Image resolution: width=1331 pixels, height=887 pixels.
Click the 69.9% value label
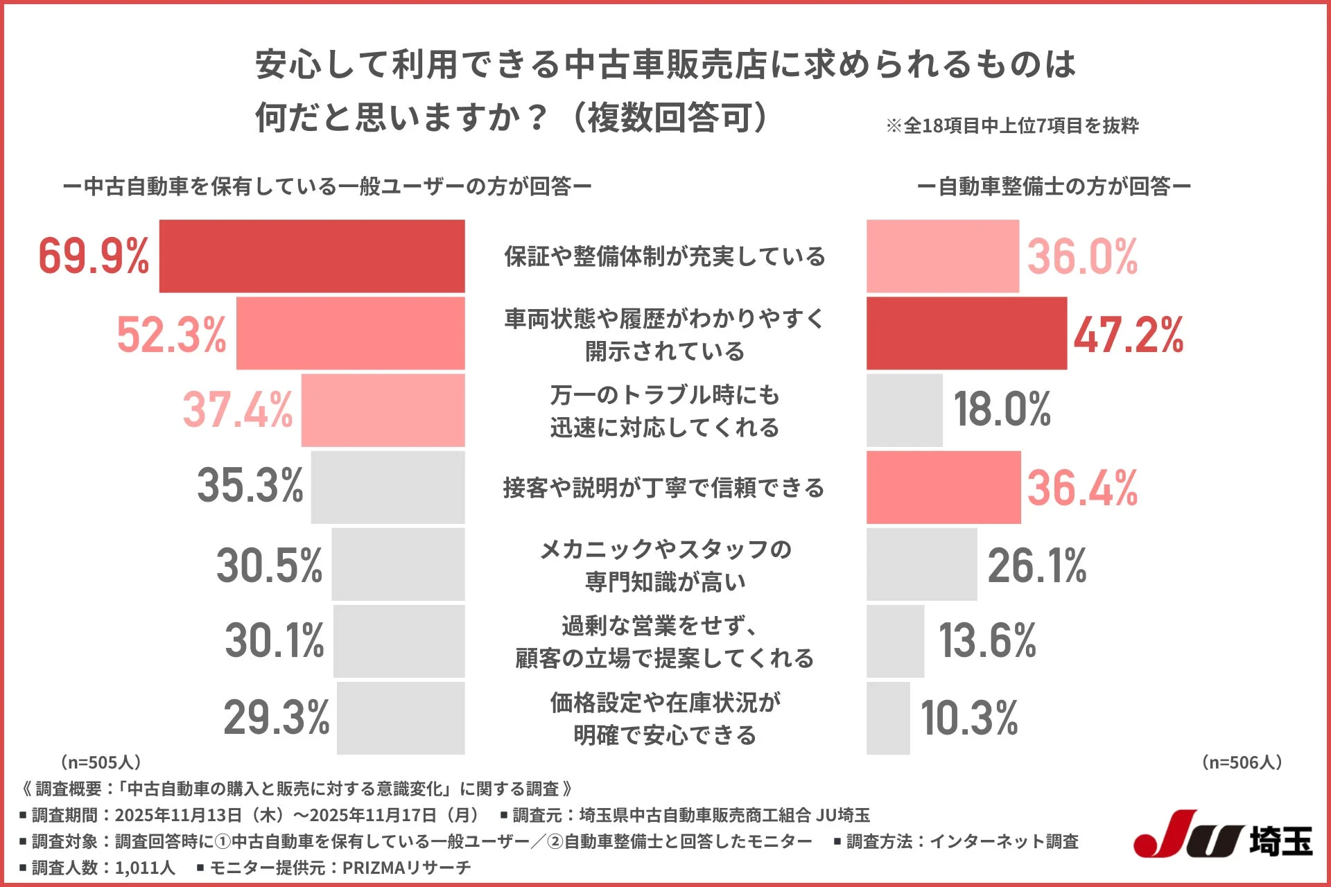(94, 256)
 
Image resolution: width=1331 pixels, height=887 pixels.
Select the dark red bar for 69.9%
(312, 256)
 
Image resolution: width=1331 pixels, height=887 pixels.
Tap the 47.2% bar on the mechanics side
(966, 333)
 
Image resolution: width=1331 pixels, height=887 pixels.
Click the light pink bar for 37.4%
(383, 410)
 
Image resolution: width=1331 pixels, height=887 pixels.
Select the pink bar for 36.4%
(943, 487)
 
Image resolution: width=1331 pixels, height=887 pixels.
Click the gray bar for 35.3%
(388, 487)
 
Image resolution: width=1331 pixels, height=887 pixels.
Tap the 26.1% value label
(1036, 565)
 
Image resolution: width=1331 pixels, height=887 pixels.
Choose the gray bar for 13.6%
(895, 641)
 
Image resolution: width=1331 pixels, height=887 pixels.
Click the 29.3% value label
(276, 717)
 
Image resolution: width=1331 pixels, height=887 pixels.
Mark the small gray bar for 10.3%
(888, 718)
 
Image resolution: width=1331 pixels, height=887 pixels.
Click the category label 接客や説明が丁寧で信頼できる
(663, 488)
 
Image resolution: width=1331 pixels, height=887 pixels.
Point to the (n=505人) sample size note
(101, 762)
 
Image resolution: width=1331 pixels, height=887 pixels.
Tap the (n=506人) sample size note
(1242, 762)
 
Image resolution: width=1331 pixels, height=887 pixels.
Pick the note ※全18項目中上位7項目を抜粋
(1011, 125)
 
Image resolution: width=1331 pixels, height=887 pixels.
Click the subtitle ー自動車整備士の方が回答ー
(1053, 186)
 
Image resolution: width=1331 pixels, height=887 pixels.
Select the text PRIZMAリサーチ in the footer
(406, 868)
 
